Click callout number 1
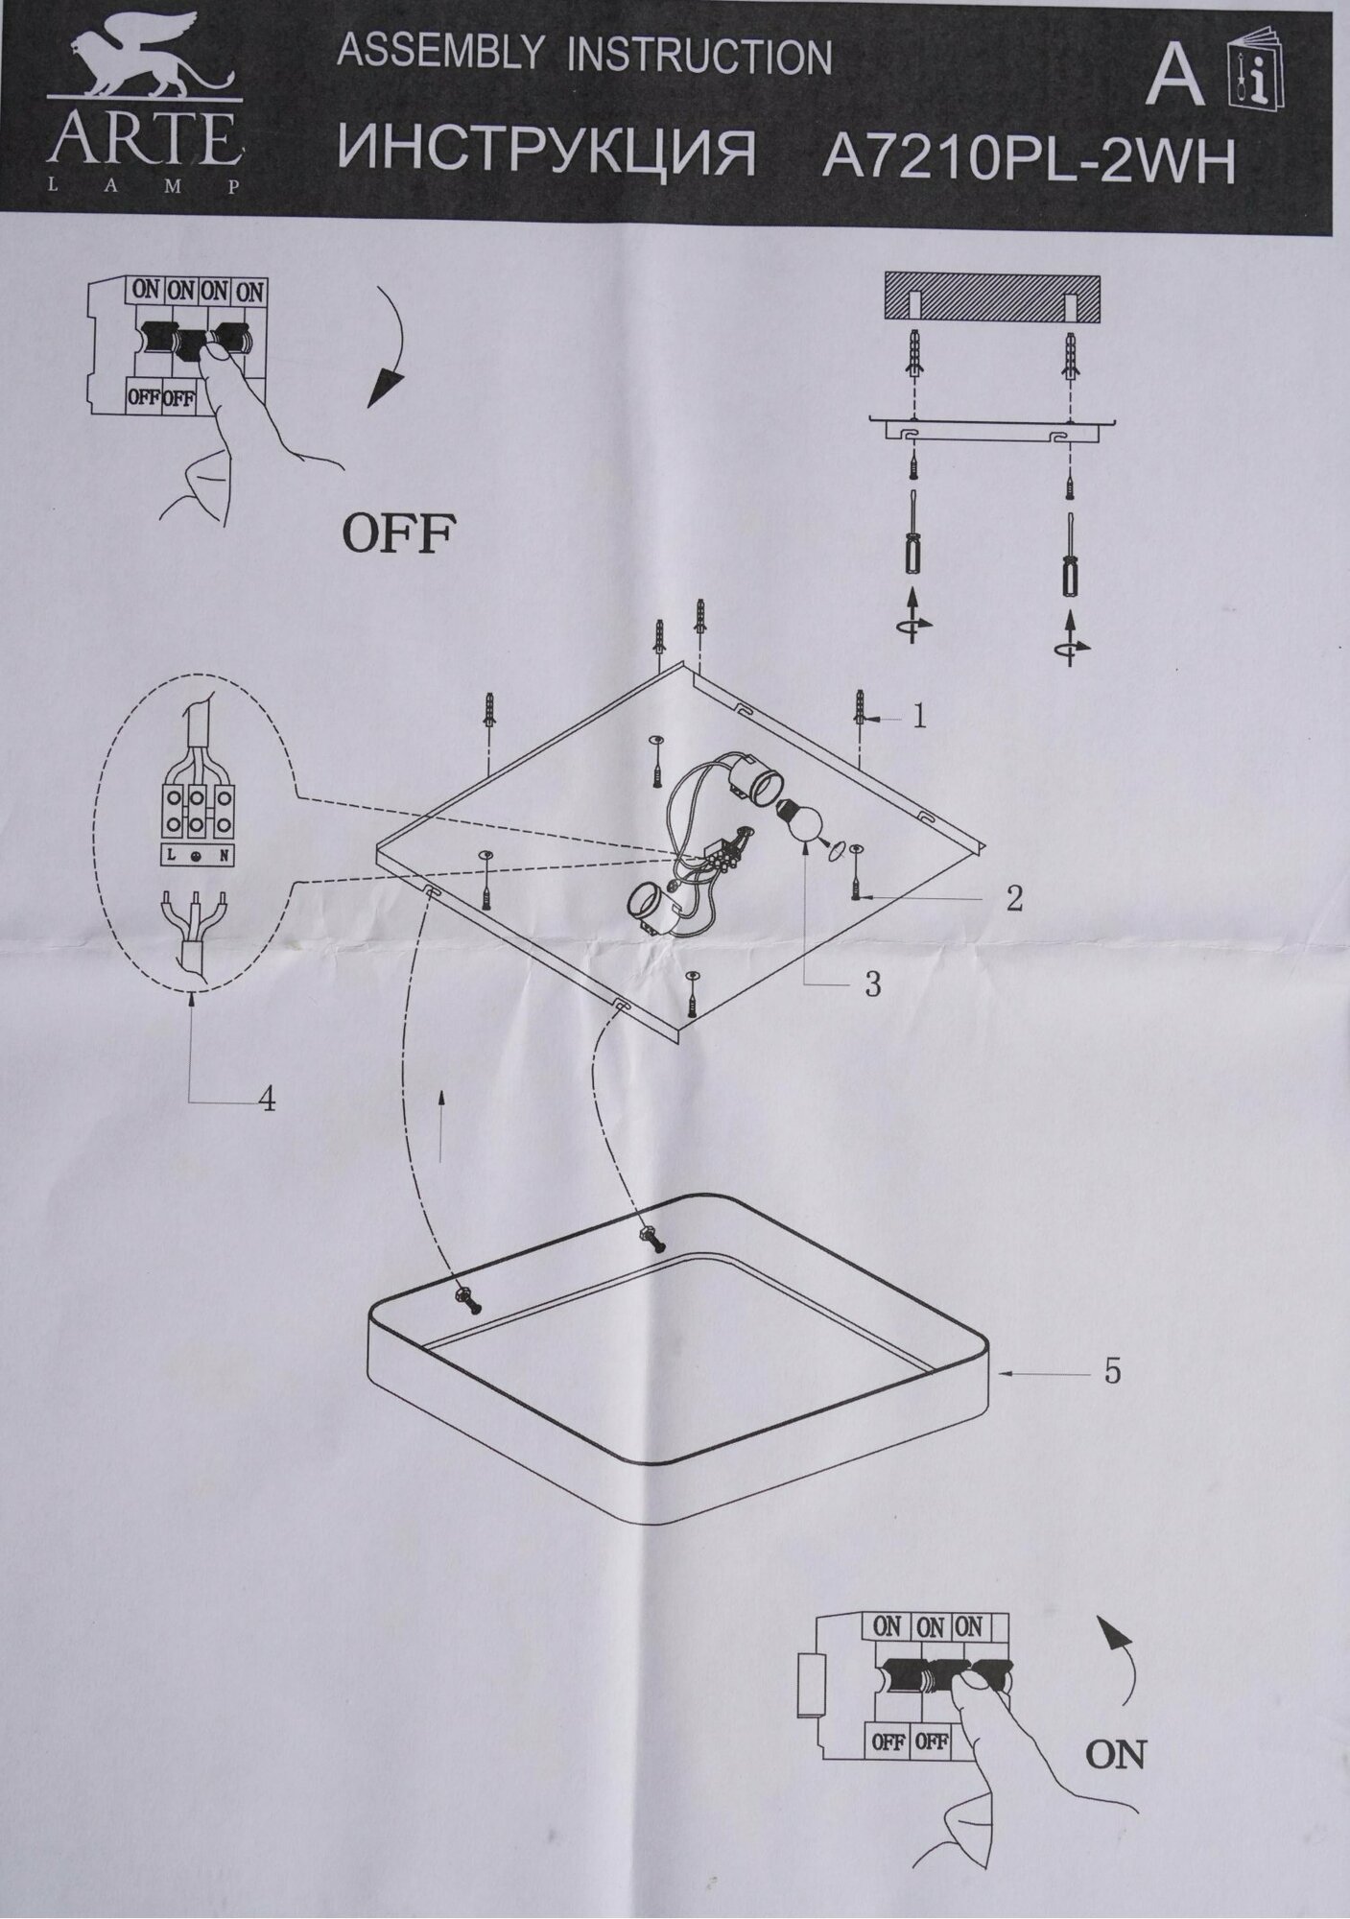pos(919,717)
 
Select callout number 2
pos(1014,899)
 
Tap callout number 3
pos(871,984)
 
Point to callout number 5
pos(1111,1372)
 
